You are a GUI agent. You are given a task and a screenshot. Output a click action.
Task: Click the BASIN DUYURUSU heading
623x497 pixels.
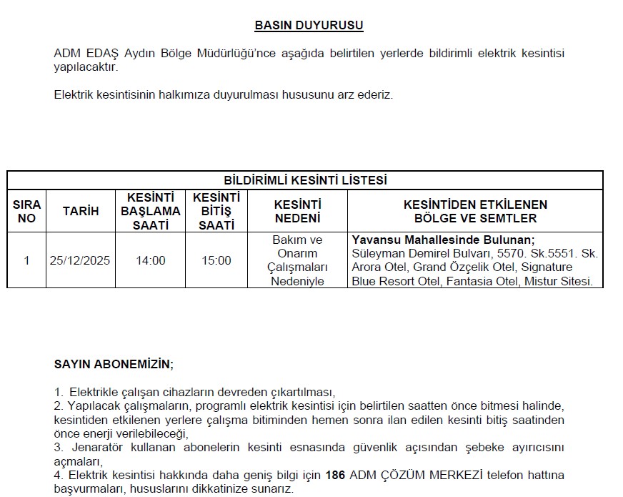[x=309, y=26]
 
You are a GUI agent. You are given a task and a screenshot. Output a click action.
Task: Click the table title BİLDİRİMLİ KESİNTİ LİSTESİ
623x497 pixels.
[x=305, y=180]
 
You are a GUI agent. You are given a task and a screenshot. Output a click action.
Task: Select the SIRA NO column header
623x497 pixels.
[x=26, y=211]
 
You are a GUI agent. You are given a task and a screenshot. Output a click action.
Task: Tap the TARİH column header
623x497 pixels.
[x=80, y=211]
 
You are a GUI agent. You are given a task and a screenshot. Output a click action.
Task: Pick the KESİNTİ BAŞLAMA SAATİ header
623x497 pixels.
[x=150, y=211]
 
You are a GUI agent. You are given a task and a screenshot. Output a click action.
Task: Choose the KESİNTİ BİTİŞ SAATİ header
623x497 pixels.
[x=216, y=211]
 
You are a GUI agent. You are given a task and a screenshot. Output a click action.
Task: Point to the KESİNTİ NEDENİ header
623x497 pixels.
[x=298, y=211]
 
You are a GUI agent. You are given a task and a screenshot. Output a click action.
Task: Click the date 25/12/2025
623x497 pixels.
[x=80, y=260]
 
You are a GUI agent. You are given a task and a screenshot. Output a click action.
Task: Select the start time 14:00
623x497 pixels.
[x=150, y=260]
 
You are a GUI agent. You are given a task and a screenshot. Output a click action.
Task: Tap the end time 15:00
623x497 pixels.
[x=216, y=260]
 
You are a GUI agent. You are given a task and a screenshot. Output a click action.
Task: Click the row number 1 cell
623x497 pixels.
[x=26, y=260]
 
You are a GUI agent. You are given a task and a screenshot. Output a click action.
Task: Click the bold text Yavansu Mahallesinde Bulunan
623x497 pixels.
[x=443, y=240]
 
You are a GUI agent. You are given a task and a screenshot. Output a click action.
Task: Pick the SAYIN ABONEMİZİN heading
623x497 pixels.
[x=114, y=364]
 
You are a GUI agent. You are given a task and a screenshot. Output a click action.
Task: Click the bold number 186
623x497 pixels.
[x=334, y=475]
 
